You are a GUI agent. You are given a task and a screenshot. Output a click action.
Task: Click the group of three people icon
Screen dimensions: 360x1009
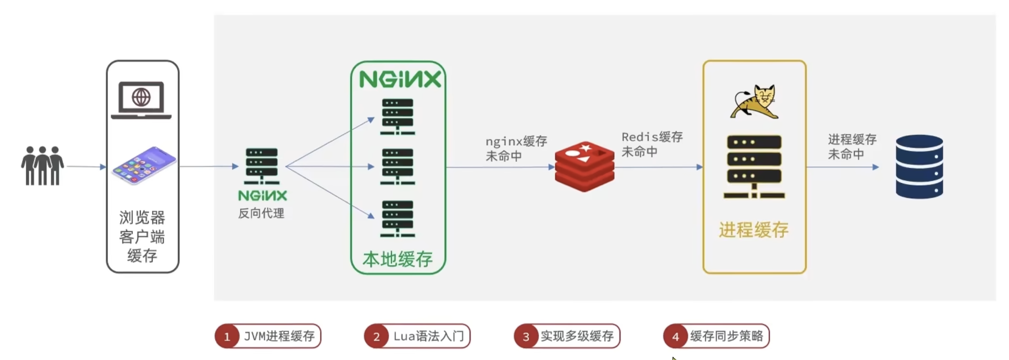point(42,166)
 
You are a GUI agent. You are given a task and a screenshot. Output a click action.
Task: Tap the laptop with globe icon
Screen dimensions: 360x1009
point(141,100)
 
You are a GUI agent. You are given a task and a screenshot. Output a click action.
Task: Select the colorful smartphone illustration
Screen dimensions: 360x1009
point(144,165)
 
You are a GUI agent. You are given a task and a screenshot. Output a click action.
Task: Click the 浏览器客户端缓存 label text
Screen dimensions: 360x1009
point(142,236)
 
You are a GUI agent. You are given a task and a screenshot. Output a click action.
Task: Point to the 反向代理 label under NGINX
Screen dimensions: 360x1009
point(261,213)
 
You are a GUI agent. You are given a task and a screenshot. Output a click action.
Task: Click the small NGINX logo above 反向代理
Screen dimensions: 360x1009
point(262,195)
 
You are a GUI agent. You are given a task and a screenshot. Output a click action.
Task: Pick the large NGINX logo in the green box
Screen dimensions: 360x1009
point(400,79)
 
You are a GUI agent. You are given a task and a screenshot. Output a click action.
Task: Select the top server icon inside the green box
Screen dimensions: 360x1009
point(397,117)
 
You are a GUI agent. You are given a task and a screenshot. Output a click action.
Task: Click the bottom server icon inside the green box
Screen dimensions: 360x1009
point(397,219)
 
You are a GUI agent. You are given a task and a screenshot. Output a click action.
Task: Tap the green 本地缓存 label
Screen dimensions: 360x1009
point(397,259)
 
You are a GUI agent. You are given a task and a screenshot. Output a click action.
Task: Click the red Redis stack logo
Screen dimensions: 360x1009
point(585,166)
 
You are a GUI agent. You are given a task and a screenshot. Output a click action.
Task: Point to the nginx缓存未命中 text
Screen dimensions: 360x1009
point(516,149)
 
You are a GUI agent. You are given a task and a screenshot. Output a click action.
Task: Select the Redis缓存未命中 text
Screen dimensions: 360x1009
point(652,144)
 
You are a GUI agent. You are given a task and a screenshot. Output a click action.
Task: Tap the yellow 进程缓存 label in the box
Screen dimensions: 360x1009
point(754,230)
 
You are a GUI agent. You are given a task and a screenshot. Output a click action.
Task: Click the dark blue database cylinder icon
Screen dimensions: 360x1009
point(919,167)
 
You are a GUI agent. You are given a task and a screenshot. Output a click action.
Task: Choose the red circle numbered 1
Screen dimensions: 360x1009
point(227,337)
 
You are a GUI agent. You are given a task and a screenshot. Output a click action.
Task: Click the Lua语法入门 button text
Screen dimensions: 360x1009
point(428,336)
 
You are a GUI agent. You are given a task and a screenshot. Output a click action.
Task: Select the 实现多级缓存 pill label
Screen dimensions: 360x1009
point(577,336)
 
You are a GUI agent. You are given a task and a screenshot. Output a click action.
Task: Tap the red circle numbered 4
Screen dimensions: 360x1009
point(675,337)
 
